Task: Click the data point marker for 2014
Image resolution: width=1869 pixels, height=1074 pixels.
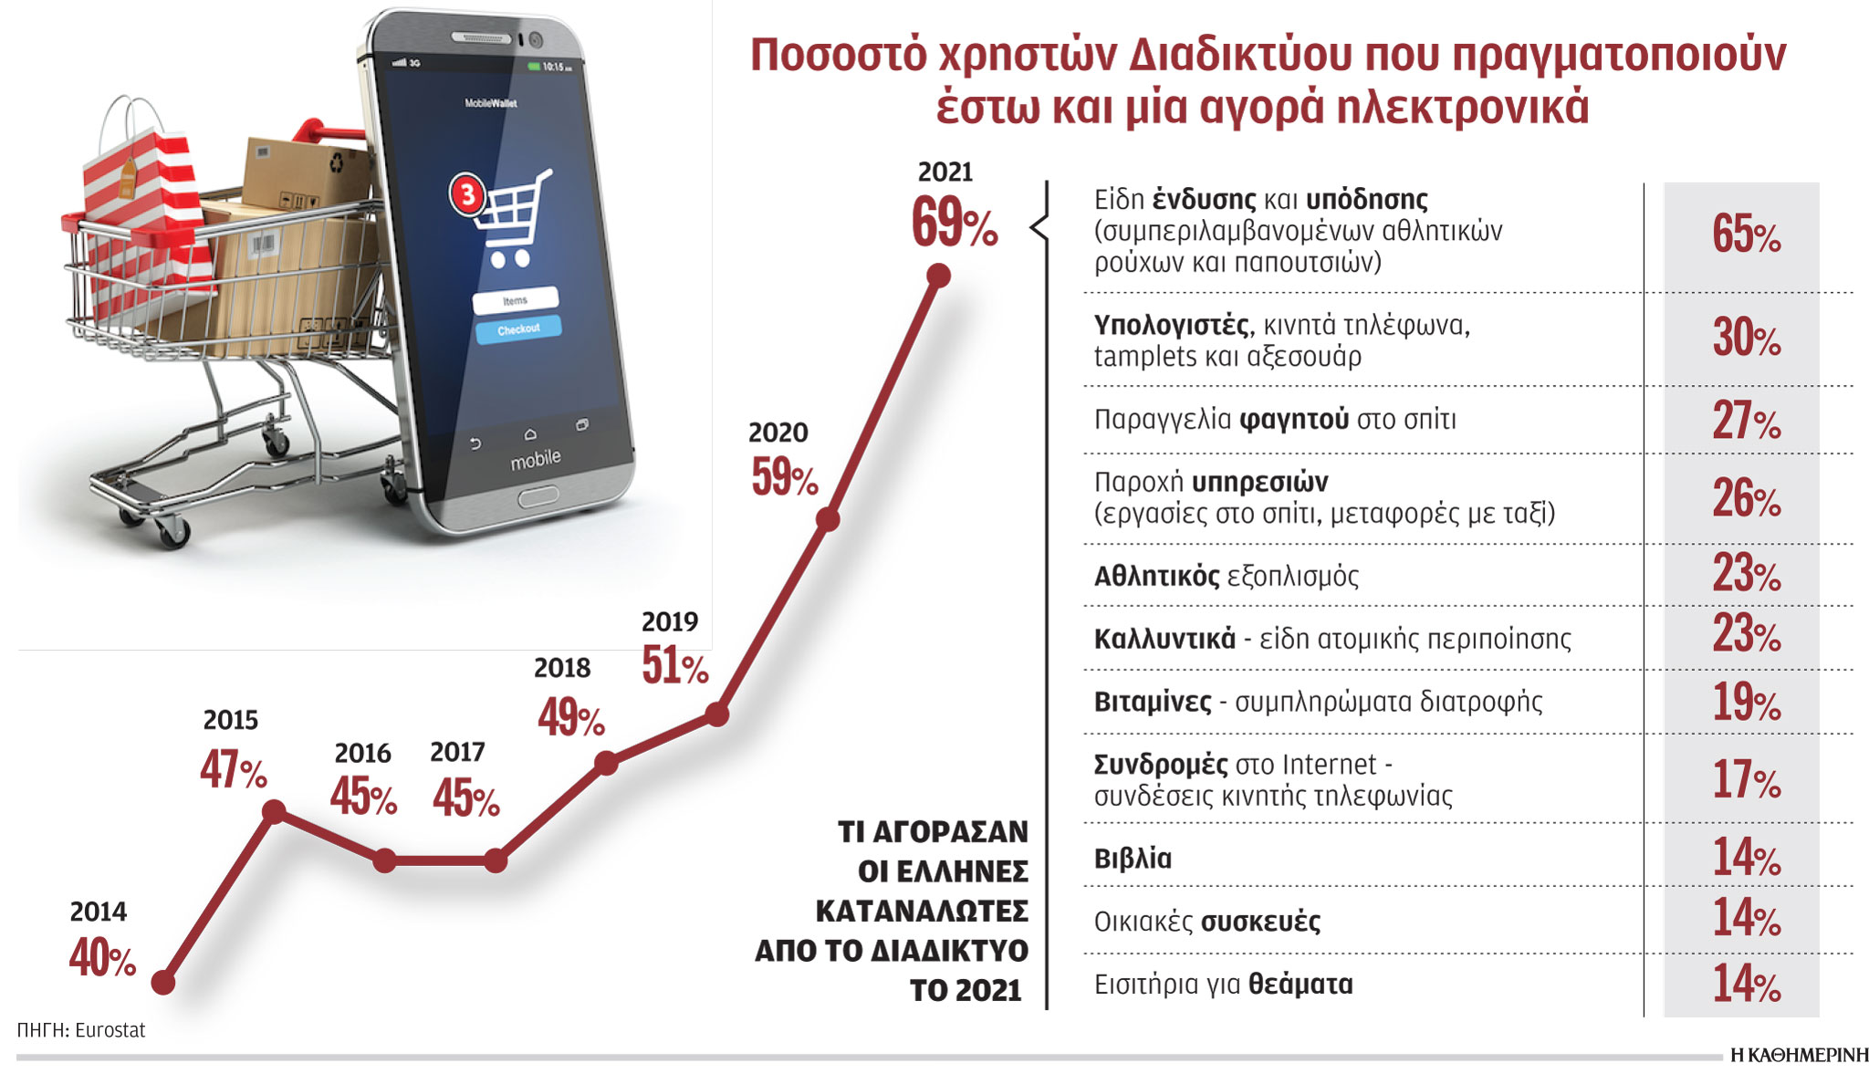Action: (x=163, y=983)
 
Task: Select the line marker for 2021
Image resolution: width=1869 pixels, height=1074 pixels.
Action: (x=938, y=275)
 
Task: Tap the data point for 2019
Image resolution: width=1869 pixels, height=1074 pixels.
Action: (x=717, y=714)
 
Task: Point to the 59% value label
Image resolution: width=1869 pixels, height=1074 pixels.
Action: (x=784, y=477)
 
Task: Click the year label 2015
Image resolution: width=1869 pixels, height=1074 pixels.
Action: (x=230, y=721)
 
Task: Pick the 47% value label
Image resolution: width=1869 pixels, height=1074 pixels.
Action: (x=233, y=769)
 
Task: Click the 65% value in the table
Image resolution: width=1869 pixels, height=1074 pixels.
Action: (x=1745, y=234)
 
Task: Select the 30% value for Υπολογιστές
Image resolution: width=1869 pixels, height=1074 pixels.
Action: (x=1745, y=338)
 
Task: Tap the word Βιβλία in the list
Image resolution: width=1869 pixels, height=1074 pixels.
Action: (x=1133, y=859)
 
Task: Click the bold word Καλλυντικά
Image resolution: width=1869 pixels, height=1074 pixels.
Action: (x=1164, y=639)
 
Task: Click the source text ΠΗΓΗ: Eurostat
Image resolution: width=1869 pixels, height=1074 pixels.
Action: (x=80, y=1030)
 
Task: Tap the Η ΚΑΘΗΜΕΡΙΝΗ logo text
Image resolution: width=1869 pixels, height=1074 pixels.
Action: (x=1799, y=1056)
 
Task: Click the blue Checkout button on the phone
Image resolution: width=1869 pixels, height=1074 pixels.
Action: (x=518, y=329)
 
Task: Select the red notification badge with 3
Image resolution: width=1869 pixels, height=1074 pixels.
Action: (x=467, y=193)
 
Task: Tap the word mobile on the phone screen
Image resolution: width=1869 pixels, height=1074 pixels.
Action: (x=536, y=459)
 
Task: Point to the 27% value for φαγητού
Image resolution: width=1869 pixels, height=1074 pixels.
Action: (x=1745, y=421)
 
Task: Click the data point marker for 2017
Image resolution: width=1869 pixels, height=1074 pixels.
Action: (x=495, y=860)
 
